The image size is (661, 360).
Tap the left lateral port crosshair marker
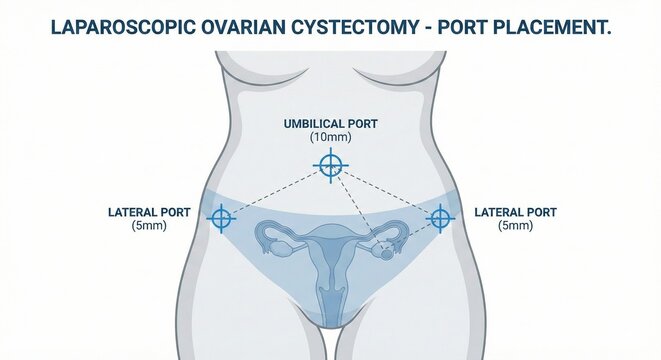(x=222, y=217)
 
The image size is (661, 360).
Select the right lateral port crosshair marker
(x=440, y=217)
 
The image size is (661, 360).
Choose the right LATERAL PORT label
(x=515, y=212)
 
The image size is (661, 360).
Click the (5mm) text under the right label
(x=515, y=227)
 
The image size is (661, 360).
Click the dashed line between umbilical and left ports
(x=275, y=191)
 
